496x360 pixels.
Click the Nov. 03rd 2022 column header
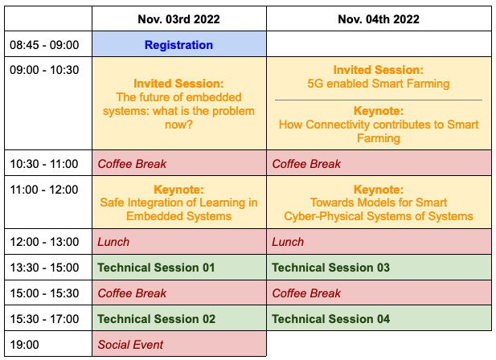coord(178,19)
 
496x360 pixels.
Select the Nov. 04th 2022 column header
coord(379,19)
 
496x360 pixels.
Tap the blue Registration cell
coord(179,44)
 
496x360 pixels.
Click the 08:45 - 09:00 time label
coord(44,45)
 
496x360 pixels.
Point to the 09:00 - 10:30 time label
coord(44,70)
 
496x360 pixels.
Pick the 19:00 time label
coord(24,345)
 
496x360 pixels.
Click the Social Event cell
coord(179,344)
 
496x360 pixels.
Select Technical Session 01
coord(156,268)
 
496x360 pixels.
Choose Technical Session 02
coord(156,319)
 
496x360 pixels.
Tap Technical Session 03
coord(330,268)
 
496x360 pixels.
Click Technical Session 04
coord(330,319)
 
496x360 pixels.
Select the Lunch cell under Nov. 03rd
coord(179,242)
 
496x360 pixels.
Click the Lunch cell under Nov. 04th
coord(379,242)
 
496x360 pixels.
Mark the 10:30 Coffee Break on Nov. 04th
coord(379,163)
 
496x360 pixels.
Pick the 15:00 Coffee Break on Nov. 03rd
coord(179,292)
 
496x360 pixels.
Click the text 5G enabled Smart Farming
coord(379,84)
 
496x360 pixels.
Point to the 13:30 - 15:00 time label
coord(44,268)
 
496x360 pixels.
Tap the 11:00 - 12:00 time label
coord(44,190)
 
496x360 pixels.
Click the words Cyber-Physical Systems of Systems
coord(379,216)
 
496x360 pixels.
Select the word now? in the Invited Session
coord(178,125)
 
